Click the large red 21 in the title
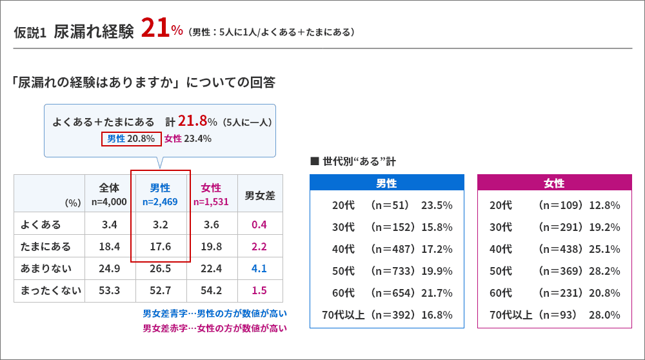pos(155,29)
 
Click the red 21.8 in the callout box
pos(192,121)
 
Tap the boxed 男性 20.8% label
pos(131,138)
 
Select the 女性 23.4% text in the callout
pos(188,138)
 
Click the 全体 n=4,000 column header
pos(109,194)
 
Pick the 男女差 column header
pos(260,194)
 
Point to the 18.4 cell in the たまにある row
pos(109,246)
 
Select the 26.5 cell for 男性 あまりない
pos(160,268)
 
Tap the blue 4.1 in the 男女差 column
pos(260,268)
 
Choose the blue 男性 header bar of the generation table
pos(386,183)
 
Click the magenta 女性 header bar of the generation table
pos(554,183)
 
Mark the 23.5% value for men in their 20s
pos(437,205)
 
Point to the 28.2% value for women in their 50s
pos(604,271)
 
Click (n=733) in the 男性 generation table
pos(391,271)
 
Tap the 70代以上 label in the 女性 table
pos(511,315)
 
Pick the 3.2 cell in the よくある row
pos(160,225)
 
